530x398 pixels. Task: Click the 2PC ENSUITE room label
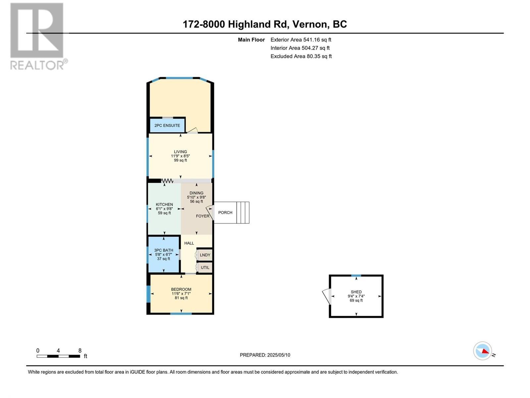pyautogui.click(x=167, y=125)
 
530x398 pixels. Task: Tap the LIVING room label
pyautogui.click(x=181, y=152)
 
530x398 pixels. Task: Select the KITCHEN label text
pyautogui.click(x=164, y=205)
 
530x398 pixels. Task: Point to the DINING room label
pyautogui.click(x=196, y=193)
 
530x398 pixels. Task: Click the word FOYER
pyautogui.click(x=202, y=216)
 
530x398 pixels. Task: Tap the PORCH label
pyautogui.click(x=225, y=213)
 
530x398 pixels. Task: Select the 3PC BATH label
pyautogui.click(x=164, y=250)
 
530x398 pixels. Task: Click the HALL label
pyautogui.click(x=189, y=243)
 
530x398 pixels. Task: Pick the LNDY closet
pyautogui.click(x=205, y=255)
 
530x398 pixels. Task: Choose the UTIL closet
pyautogui.click(x=205, y=268)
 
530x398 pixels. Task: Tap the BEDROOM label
pyautogui.click(x=181, y=289)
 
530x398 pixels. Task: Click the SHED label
pyautogui.click(x=356, y=292)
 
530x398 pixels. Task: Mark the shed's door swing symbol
pyautogui.click(x=326, y=296)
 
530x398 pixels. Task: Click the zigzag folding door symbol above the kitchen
pyautogui.click(x=167, y=181)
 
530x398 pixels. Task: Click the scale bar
pyautogui.click(x=58, y=356)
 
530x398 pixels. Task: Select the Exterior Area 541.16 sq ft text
pyautogui.click(x=301, y=39)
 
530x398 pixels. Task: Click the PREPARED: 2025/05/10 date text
pyautogui.click(x=265, y=355)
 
